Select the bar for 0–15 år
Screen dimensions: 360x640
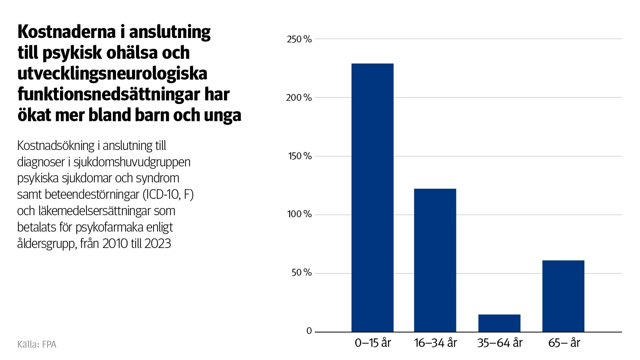click(x=372, y=198)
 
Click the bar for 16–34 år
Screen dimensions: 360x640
click(x=435, y=260)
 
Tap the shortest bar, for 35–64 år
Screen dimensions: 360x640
click(x=499, y=323)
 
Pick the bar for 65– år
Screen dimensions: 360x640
click(x=563, y=296)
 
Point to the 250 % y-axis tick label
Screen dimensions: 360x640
click(x=299, y=39)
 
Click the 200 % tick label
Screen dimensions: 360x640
click(x=299, y=98)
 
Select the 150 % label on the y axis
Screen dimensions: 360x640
click(x=300, y=156)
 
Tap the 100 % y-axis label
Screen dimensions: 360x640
click(x=299, y=214)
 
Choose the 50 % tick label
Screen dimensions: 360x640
click(x=301, y=273)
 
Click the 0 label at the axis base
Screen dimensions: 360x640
click(x=309, y=331)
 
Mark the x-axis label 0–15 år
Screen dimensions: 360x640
click(x=372, y=343)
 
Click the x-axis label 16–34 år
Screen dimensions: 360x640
click(x=435, y=343)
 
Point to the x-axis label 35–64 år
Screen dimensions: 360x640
click(x=500, y=343)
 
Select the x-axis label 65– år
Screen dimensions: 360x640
click(x=564, y=343)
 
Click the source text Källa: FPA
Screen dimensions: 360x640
click(x=37, y=344)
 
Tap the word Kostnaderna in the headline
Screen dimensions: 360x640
click(x=66, y=32)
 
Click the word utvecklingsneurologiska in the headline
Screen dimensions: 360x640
click(x=112, y=74)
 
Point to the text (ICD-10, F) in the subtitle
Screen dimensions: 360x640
click(x=168, y=195)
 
